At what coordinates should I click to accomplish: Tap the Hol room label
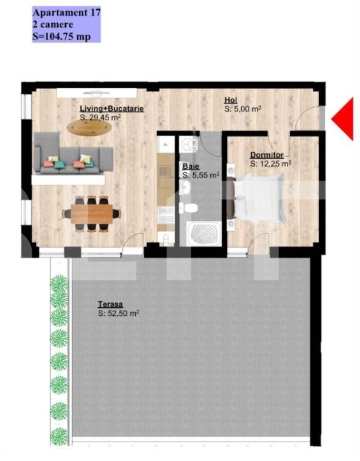click(231, 100)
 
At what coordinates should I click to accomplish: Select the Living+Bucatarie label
click(112, 109)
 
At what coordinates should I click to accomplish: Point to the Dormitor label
click(267, 155)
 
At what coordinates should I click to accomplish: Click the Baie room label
click(191, 166)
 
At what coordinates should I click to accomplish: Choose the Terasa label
click(110, 304)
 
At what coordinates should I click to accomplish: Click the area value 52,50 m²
click(118, 313)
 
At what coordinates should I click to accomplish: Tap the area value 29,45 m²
click(101, 118)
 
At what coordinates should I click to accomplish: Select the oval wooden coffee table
click(89, 128)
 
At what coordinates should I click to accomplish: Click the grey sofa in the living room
click(74, 153)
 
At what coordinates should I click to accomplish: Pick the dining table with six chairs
click(91, 213)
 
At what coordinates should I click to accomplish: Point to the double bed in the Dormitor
click(256, 198)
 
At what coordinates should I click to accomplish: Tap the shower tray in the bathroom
click(204, 234)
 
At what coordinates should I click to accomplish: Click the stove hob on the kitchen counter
click(166, 215)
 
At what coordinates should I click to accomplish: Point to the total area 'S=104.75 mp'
click(62, 37)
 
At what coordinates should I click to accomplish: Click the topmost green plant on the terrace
click(60, 284)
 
